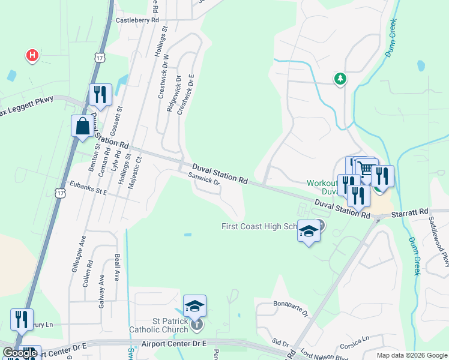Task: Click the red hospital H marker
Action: pyautogui.click(x=32, y=56)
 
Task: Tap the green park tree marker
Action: pyautogui.click(x=340, y=79)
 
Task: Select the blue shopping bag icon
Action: pyautogui.click(x=82, y=127)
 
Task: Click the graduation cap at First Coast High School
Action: pyautogui.click(x=309, y=231)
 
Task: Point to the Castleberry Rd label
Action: pyautogui.click(x=137, y=20)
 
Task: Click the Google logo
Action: pyautogui.click(x=20, y=353)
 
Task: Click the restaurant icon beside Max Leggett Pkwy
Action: pyautogui.click(x=100, y=95)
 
